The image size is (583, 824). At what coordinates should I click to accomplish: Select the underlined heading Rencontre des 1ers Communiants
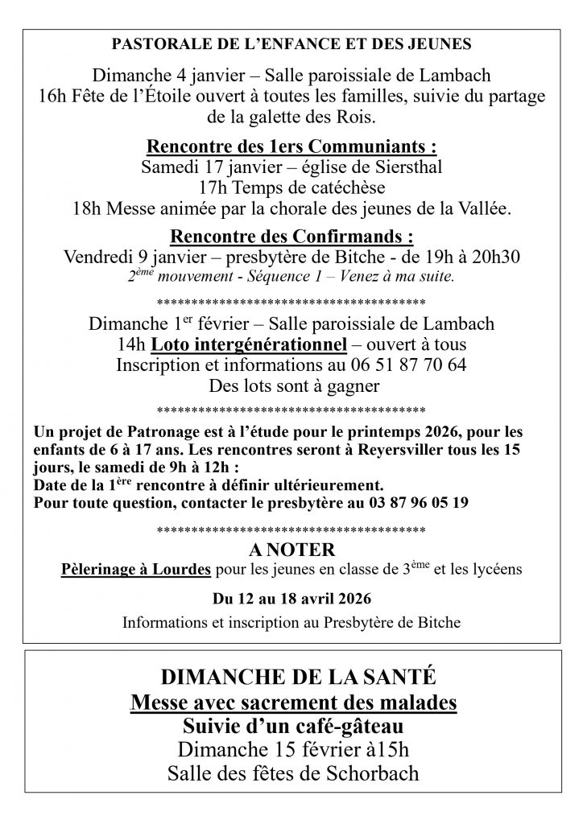[x=291, y=147]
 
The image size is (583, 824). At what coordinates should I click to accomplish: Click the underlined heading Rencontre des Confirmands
[x=291, y=237]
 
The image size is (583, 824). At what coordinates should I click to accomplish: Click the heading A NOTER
[x=291, y=550]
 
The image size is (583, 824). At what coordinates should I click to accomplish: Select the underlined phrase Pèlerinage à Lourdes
[x=136, y=570]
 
